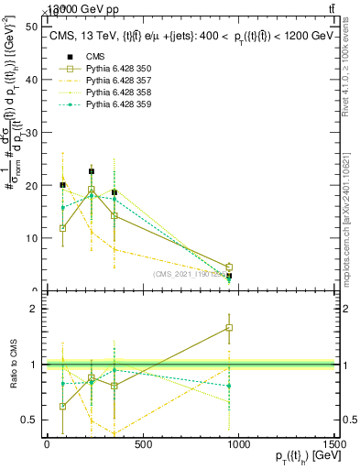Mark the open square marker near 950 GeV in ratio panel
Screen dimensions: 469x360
coord(229,327)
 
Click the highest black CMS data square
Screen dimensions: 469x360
coord(92,171)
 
